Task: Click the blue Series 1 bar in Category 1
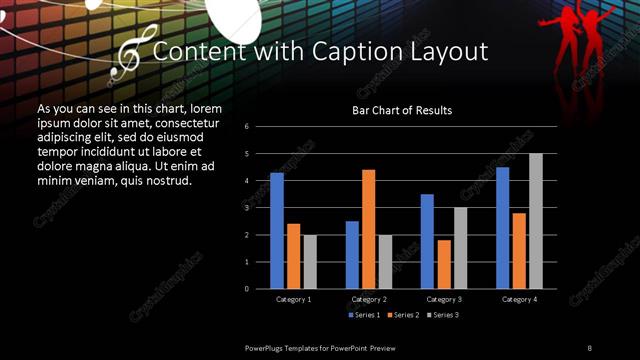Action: [277, 231]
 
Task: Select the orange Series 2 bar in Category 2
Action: [368, 229]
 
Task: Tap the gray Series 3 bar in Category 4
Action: [536, 221]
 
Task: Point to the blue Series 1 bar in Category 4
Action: [502, 228]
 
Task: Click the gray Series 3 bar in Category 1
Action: [310, 262]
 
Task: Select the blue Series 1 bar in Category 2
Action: [352, 255]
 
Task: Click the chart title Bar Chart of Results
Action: [401, 110]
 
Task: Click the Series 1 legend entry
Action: [362, 315]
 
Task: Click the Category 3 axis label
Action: [443, 299]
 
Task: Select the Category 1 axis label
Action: [293, 299]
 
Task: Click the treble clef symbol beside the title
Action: [130, 54]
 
